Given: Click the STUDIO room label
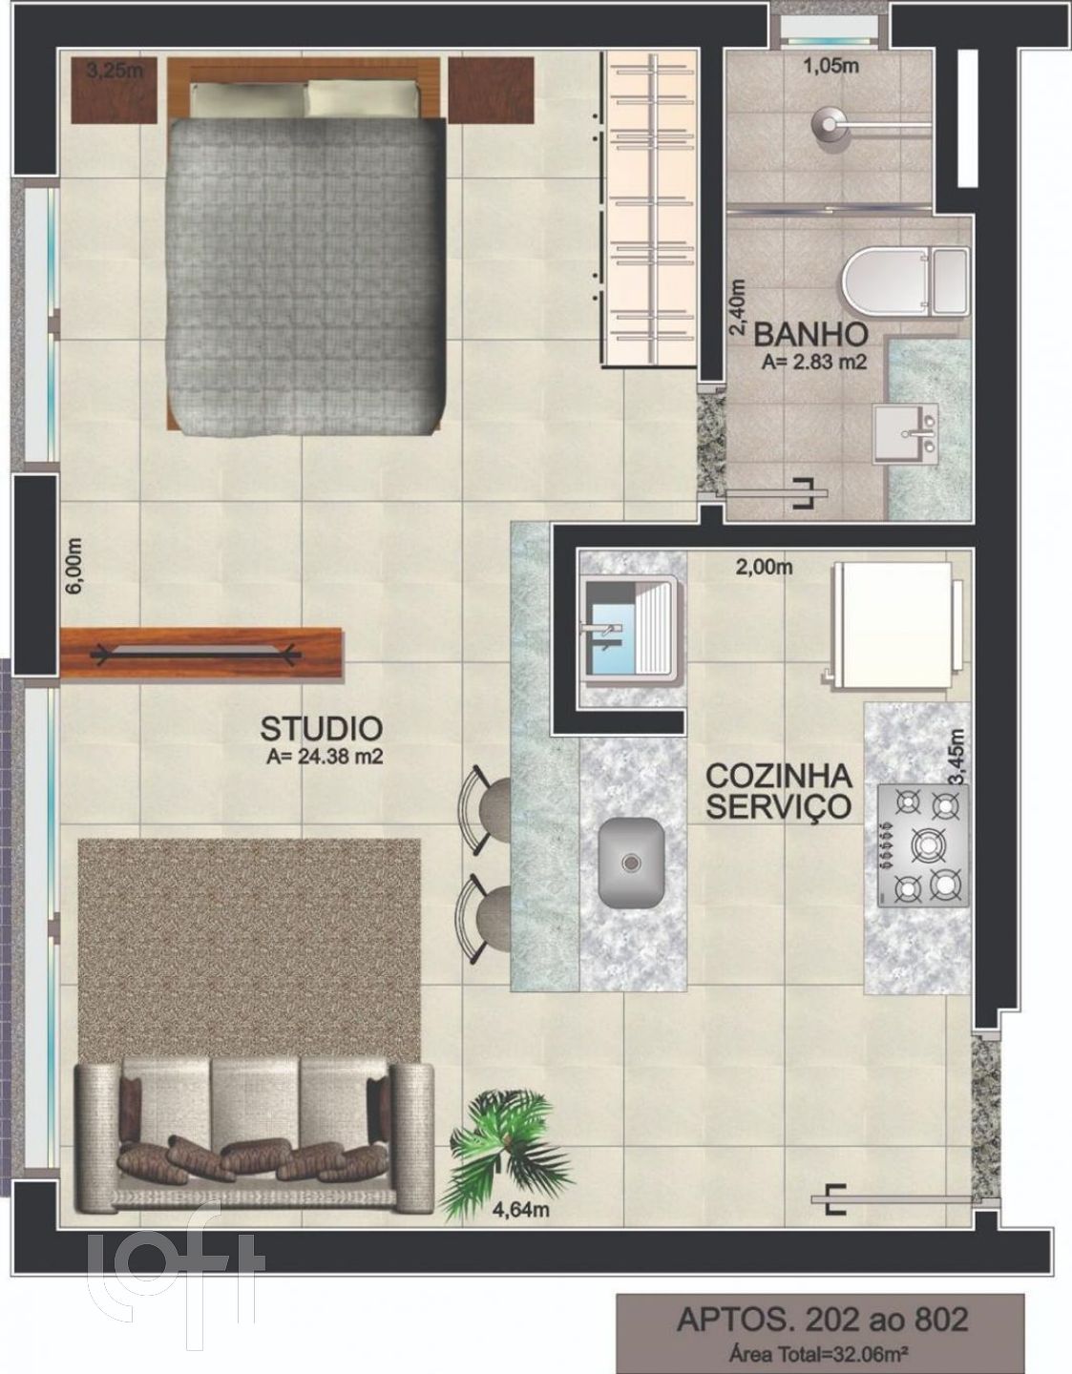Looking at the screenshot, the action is [322, 729].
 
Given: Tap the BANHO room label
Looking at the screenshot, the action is [810, 334].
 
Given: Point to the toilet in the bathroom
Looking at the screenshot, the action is [906, 281].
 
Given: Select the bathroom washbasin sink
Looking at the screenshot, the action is [906, 434].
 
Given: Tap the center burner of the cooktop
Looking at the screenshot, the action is [927, 844].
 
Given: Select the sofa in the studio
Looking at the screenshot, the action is [254, 1146].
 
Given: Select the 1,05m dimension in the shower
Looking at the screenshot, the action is [831, 65].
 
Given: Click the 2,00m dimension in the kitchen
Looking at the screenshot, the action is [764, 567].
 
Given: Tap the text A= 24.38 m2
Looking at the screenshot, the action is [325, 757].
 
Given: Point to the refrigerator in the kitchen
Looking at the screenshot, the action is [893, 622].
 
